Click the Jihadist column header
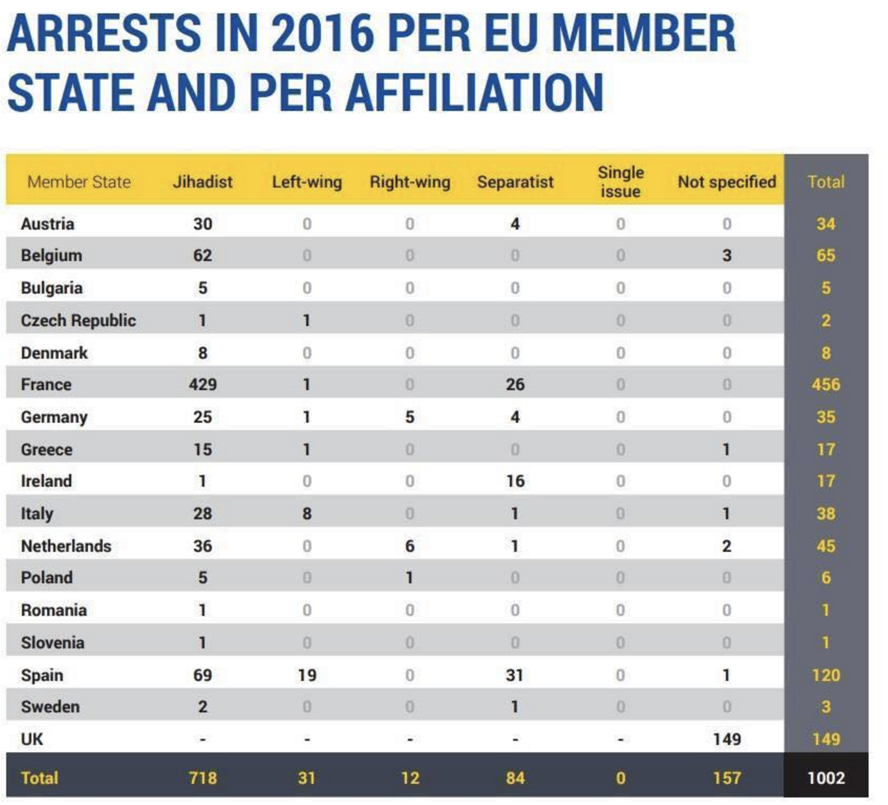[203, 182]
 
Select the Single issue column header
[620, 182]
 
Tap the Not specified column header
[727, 182]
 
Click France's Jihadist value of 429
[203, 385]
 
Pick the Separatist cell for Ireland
[515, 481]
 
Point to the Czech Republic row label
[78, 321]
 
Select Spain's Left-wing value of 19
[307, 675]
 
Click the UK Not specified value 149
[727, 739]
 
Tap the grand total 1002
[826, 778]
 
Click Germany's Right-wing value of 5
[410, 417]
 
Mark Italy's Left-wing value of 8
[307, 513]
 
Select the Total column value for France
[826, 385]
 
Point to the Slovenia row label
[52, 643]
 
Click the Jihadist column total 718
[203, 778]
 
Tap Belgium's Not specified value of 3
[727, 256]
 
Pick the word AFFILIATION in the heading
[474, 93]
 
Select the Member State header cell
[79, 182]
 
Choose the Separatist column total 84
[515, 778]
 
